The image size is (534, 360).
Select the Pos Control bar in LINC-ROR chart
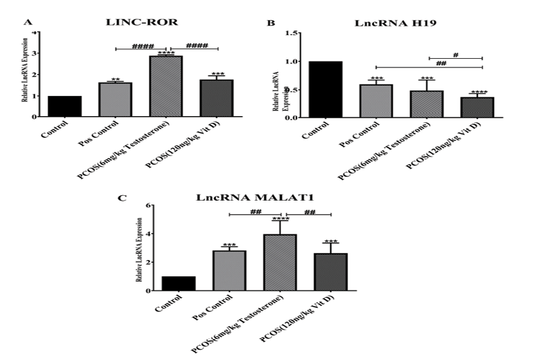coord(115,99)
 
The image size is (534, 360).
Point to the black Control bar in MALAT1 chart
coord(178,284)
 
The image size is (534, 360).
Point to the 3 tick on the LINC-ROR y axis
coord(37,53)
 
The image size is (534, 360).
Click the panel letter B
coord(271,22)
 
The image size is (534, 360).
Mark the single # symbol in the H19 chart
coord(456,54)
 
